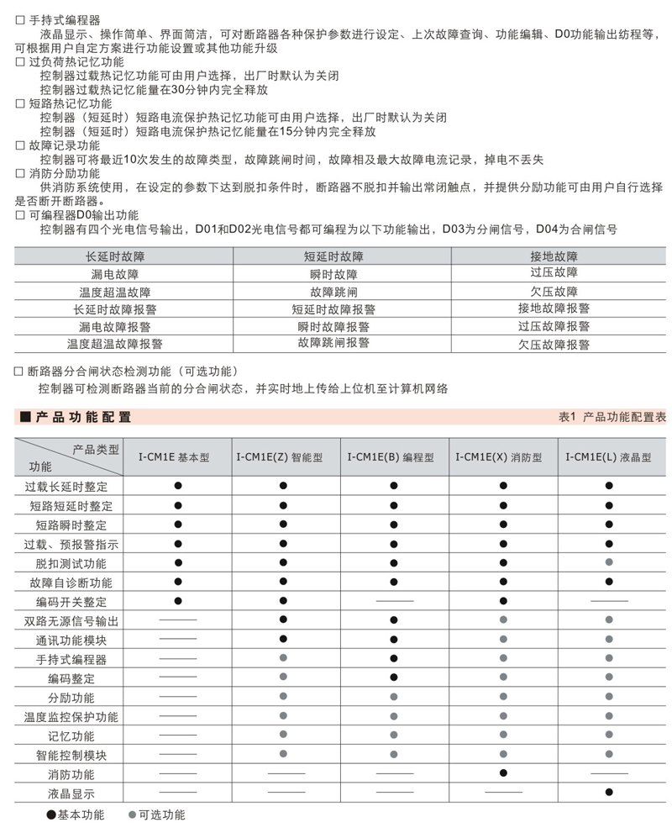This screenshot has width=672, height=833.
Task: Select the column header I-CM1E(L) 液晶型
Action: click(x=608, y=458)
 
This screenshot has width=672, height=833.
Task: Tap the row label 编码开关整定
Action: click(x=71, y=602)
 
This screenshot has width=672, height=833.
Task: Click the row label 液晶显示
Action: click(x=71, y=793)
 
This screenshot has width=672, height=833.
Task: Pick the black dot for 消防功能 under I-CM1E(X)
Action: click(x=503, y=772)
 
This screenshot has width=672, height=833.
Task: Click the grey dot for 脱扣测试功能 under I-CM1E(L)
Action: click(x=609, y=562)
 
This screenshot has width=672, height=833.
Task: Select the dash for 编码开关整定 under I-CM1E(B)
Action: click(x=394, y=602)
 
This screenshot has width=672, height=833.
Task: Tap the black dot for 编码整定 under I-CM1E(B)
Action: click(x=394, y=677)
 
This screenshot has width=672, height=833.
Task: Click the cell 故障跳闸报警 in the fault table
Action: click(x=333, y=343)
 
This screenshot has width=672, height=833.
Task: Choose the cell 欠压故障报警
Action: click(x=554, y=344)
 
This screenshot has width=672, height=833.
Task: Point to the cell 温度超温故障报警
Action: click(x=115, y=344)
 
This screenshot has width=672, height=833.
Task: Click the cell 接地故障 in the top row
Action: click(x=554, y=256)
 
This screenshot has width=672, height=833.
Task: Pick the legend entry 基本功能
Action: click(x=81, y=815)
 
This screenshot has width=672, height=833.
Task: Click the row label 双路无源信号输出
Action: click(x=71, y=621)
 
